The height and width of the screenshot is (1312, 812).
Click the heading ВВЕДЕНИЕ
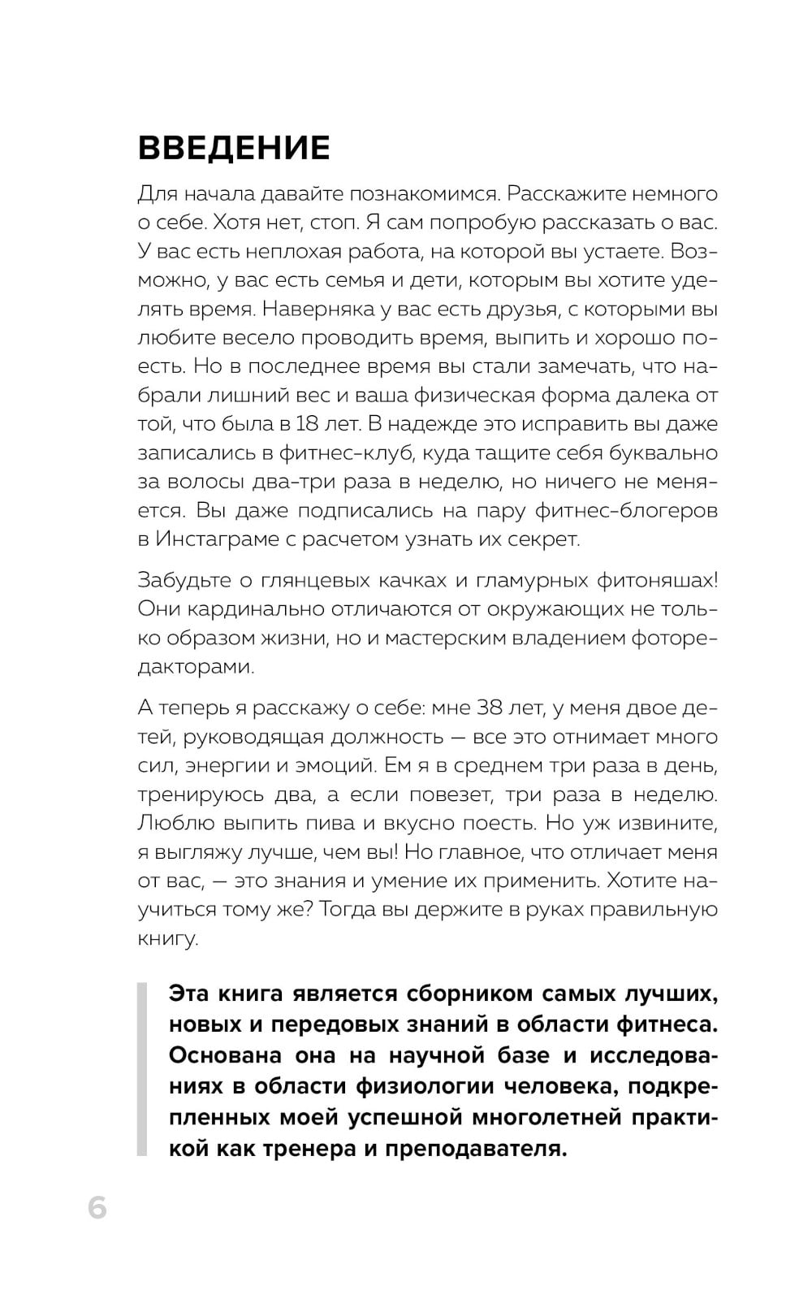[x=234, y=149]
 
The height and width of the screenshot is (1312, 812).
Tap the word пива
[x=331, y=823]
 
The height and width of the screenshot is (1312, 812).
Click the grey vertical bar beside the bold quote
[x=142, y=1070]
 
